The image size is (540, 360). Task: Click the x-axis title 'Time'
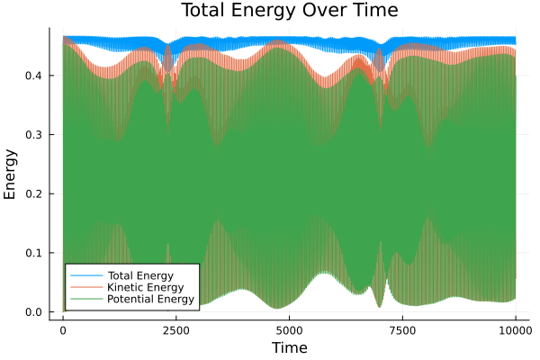pyautogui.click(x=289, y=347)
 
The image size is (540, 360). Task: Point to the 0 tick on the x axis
pyautogui.click(x=63, y=329)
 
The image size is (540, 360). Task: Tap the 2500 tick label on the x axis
pyautogui.click(x=175, y=329)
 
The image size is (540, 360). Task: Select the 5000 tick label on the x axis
pyautogui.click(x=289, y=329)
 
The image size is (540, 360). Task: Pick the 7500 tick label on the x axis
pyautogui.click(x=401, y=329)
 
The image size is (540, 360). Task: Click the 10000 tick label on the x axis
pyautogui.click(x=514, y=329)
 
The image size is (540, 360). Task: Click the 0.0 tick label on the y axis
pyautogui.click(x=34, y=312)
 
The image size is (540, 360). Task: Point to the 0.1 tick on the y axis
pyautogui.click(x=34, y=253)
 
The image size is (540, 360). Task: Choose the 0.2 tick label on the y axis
pyautogui.click(x=34, y=193)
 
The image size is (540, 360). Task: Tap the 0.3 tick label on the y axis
pyautogui.click(x=34, y=134)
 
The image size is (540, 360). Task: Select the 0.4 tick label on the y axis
pyautogui.click(x=34, y=76)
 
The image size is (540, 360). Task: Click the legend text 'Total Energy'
pyautogui.click(x=139, y=274)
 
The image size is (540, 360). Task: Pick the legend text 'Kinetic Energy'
pyautogui.click(x=144, y=286)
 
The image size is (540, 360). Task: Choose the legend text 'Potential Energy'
pyautogui.click(x=150, y=299)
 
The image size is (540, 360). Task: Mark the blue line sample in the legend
pyautogui.click(x=85, y=274)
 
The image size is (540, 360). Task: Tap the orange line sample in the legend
pyautogui.click(x=85, y=286)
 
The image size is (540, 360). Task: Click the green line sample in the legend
pyautogui.click(x=85, y=299)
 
